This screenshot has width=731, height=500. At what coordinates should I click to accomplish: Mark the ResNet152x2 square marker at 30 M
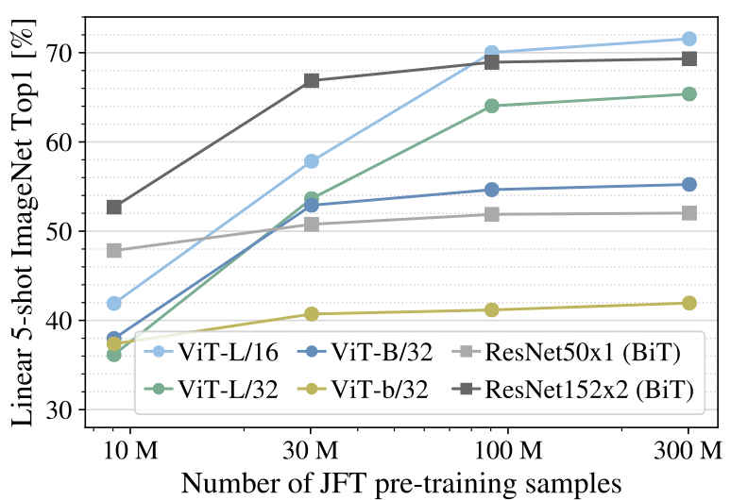pyautogui.click(x=312, y=81)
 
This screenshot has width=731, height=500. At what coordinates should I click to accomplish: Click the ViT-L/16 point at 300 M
pyautogui.click(x=688, y=39)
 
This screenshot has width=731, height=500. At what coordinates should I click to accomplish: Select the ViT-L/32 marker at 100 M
pyautogui.click(x=491, y=106)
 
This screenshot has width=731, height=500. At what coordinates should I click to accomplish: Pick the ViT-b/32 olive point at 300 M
pyautogui.click(x=688, y=303)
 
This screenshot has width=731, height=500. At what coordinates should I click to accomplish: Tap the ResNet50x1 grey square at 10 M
pyautogui.click(x=114, y=251)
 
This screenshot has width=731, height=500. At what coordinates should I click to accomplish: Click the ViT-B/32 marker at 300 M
pyautogui.click(x=688, y=185)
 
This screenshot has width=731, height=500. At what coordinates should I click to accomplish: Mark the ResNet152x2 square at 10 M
pyautogui.click(x=114, y=208)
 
